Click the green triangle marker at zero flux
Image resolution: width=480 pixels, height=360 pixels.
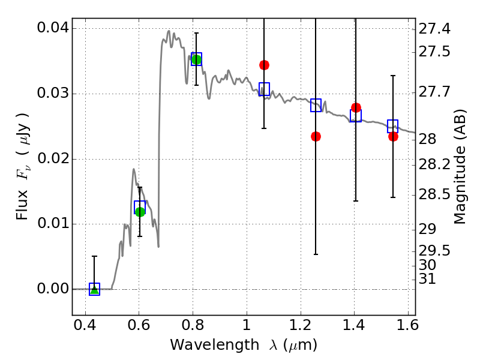point(95,290)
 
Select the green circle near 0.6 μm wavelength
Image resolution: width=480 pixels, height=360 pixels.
point(140,212)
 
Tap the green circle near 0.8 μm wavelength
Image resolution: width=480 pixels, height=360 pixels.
point(197,59)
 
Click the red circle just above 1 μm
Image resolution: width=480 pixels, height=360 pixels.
point(264,65)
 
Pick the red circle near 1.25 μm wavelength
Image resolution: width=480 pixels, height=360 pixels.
point(316,137)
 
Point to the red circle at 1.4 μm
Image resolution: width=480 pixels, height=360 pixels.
point(356,108)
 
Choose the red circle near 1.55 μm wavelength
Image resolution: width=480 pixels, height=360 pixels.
point(394,137)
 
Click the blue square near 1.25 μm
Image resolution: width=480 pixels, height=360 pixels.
point(316,106)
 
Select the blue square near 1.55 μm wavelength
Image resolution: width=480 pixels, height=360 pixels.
point(393,126)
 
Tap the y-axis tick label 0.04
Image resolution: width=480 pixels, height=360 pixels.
point(53,28)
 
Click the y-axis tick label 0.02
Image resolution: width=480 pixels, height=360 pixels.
point(53,158)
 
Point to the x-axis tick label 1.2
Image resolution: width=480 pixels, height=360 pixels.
point(301,325)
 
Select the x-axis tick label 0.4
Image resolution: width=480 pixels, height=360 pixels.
point(85,325)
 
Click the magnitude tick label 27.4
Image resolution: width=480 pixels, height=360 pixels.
point(434,29)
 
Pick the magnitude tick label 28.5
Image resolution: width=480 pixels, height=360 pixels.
point(434,194)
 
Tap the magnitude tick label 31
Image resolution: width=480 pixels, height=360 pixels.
point(427,279)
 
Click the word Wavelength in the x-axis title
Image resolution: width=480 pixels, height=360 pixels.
point(215,345)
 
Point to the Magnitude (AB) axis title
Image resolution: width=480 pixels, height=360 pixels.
point(460,167)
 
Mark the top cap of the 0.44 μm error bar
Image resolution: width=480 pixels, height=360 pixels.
point(95,256)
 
